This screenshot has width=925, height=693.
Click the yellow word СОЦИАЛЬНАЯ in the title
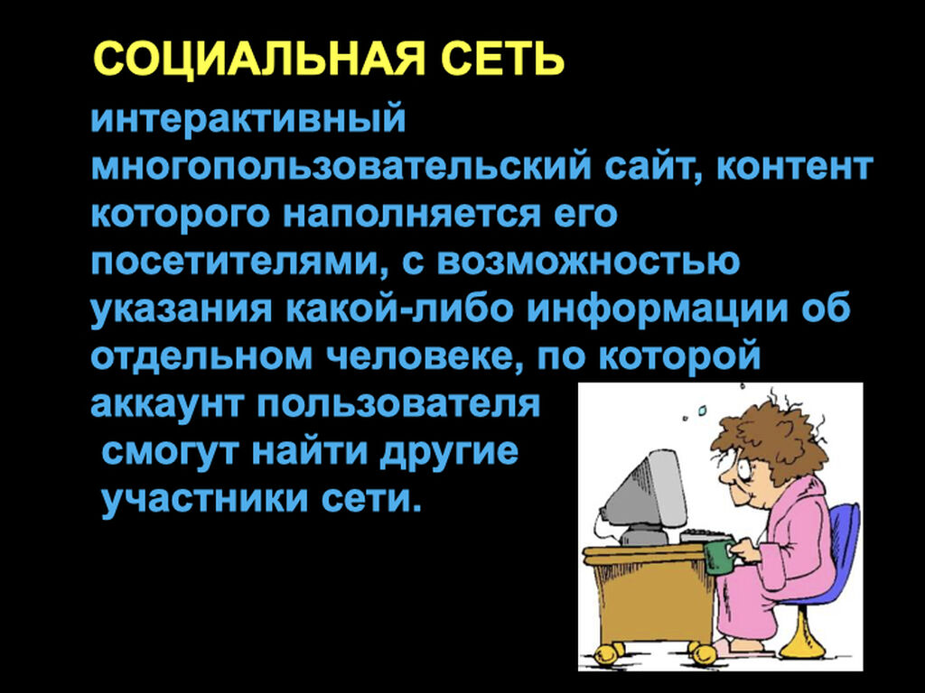[259, 59]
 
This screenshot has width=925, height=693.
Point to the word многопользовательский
[341, 167]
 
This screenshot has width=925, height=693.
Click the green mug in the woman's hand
[718, 557]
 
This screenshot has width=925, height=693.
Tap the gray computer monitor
[644, 494]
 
